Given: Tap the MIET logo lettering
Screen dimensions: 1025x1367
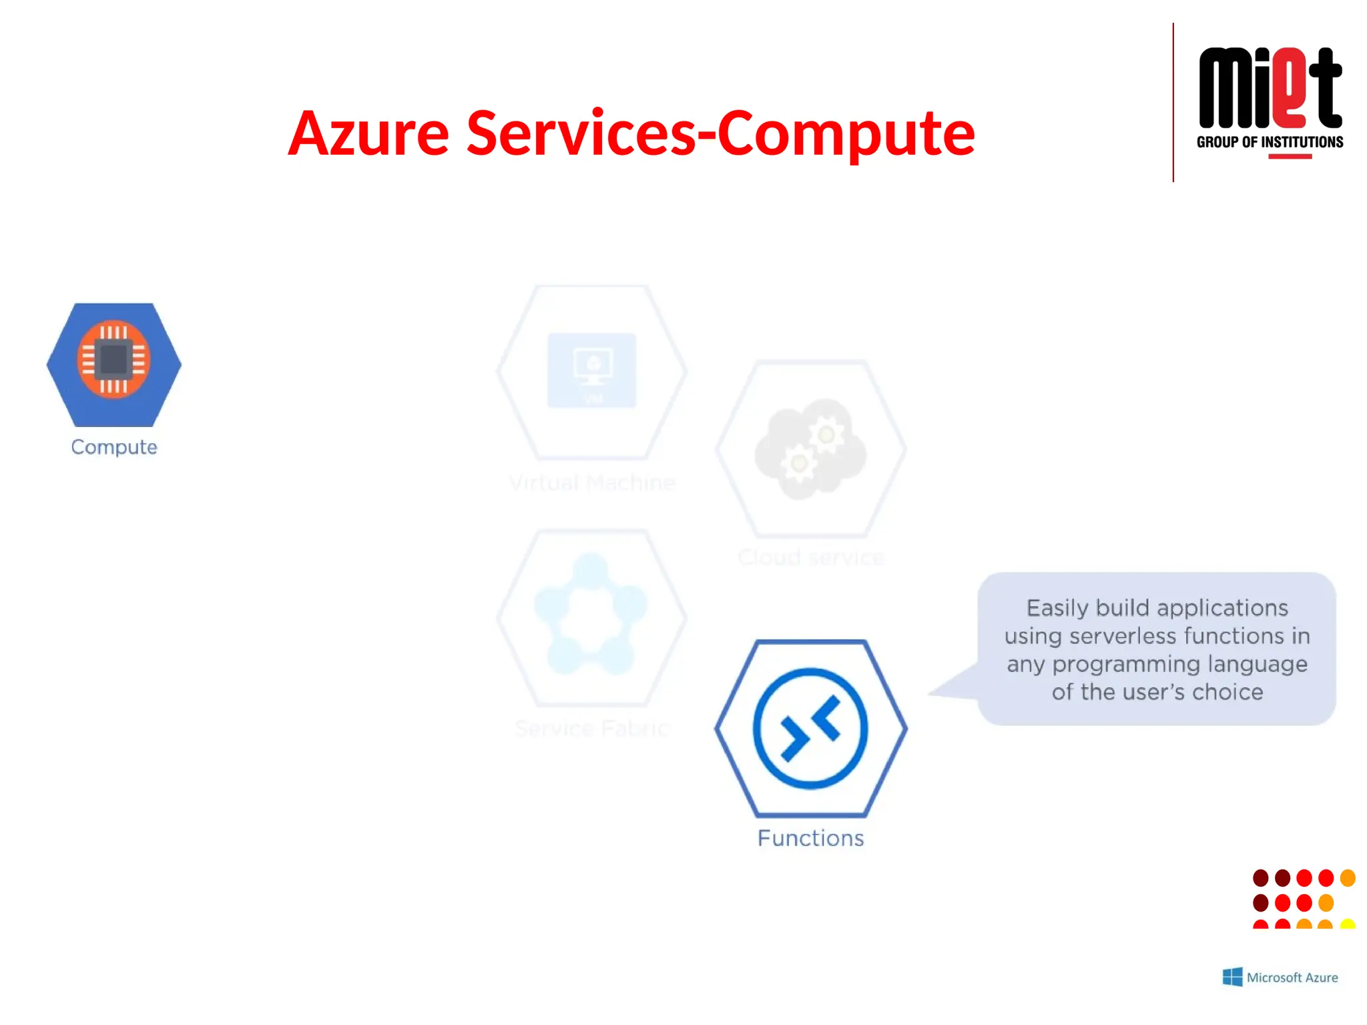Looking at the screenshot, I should click(1270, 88).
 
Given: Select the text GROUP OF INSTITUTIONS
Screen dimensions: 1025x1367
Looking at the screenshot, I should click(1270, 142).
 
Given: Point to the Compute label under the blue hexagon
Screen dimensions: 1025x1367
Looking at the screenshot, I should click(114, 447).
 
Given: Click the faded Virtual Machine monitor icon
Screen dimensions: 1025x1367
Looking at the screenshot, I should click(592, 370).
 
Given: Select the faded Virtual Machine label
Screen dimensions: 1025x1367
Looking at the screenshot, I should click(592, 482).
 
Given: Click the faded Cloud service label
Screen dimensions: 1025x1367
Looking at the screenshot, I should click(810, 557).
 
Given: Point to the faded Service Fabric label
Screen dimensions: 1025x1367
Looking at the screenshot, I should click(592, 728).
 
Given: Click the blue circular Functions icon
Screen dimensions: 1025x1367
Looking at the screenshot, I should click(810, 729).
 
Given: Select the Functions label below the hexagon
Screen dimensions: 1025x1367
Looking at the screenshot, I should click(810, 838).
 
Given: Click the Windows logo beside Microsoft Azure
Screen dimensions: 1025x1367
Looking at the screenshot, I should click(1232, 977).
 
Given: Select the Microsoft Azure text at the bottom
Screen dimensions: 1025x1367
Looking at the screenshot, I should click(1292, 978).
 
